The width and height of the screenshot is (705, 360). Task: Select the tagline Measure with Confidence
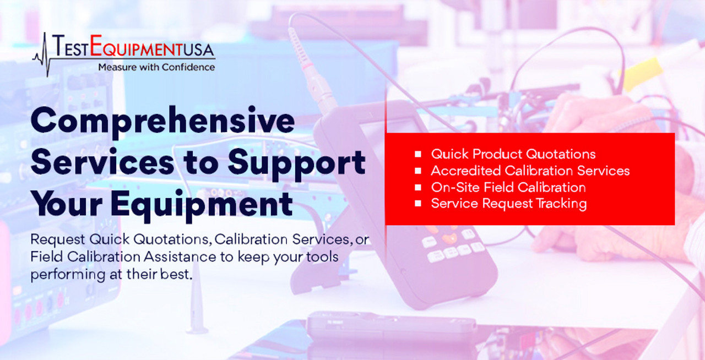click(156, 67)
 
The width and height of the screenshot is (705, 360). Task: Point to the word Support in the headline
click(296, 164)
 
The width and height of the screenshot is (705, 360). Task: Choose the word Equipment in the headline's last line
click(202, 205)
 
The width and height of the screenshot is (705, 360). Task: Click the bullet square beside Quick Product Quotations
click(418, 154)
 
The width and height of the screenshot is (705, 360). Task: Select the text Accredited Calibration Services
click(530, 171)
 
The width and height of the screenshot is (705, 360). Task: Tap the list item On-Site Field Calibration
click(508, 187)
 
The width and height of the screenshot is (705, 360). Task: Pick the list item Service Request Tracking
click(509, 204)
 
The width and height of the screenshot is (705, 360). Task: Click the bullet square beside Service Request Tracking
click(418, 203)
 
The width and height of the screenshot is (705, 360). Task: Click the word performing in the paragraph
click(68, 275)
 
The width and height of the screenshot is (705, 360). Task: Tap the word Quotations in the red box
click(561, 154)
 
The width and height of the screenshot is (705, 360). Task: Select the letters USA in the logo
click(199, 50)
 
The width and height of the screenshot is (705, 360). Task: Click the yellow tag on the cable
click(640, 73)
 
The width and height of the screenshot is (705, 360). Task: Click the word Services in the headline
click(102, 163)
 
